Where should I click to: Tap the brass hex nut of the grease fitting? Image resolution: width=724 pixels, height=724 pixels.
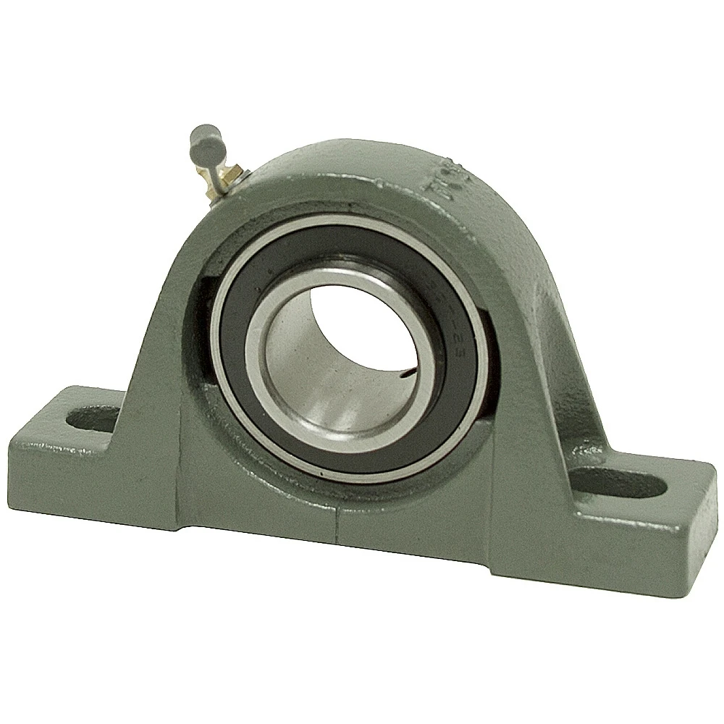(x=230, y=172)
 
